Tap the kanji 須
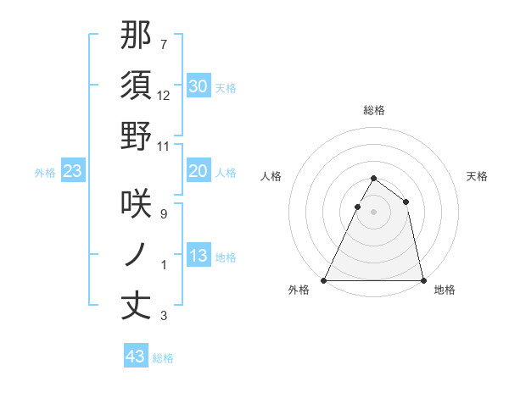click(137, 86)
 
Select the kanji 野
click(137, 136)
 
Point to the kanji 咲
click(137, 204)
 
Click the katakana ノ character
click(137, 255)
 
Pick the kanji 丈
click(137, 306)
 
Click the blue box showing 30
click(199, 86)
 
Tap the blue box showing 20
click(199, 171)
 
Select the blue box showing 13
click(199, 256)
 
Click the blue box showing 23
click(73, 171)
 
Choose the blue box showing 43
click(136, 357)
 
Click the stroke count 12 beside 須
click(164, 96)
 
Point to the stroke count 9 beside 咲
click(164, 214)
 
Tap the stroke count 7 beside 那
click(164, 43)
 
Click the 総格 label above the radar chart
click(374, 110)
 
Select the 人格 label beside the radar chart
click(271, 175)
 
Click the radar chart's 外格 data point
click(324, 280)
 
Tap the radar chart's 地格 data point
click(422, 280)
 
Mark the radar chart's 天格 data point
click(406, 202)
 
